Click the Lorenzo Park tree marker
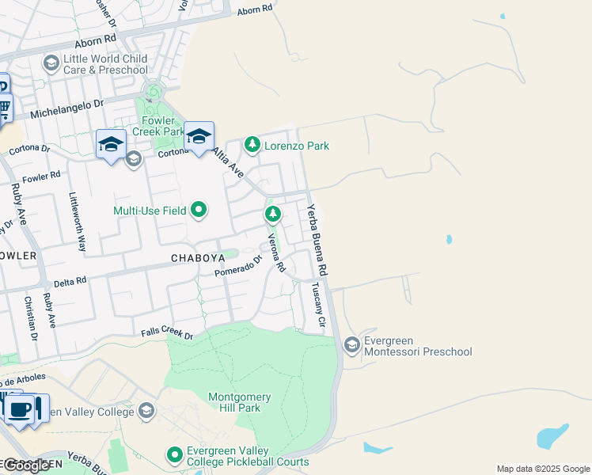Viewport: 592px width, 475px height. [x=252, y=144]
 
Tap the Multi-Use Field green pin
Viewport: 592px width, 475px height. [x=199, y=210]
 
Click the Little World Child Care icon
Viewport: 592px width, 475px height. [x=51, y=63]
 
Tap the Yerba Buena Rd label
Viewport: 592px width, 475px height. [x=317, y=240]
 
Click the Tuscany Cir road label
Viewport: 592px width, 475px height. [x=317, y=305]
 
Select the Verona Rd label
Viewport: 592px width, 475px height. [x=275, y=253]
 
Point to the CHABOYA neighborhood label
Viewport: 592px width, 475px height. [x=192, y=258]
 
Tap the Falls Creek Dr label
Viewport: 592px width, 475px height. [x=167, y=335]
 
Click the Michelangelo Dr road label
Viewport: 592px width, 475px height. [x=67, y=109]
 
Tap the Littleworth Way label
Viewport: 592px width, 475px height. [x=78, y=222]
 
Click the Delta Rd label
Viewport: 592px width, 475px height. [x=70, y=282]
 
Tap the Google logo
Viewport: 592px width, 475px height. [x=25, y=465]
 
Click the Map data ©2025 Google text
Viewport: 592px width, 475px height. [x=542, y=469]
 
